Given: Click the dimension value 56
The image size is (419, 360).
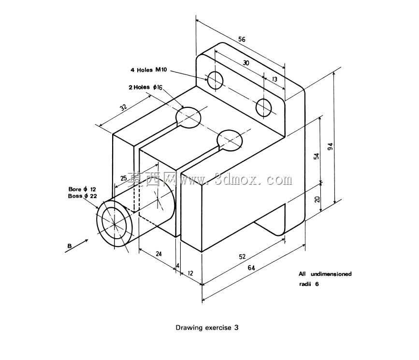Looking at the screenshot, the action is (242, 39).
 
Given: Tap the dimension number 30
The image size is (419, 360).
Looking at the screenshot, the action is (246, 62).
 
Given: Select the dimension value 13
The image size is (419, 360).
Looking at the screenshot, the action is (275, 79).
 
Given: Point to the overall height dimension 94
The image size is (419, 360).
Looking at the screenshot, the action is (331, 146).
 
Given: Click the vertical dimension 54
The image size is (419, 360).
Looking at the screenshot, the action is (317, 156).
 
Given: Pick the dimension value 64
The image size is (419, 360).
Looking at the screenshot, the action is (251, 268).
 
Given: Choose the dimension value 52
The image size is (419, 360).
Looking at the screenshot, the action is (242, 257).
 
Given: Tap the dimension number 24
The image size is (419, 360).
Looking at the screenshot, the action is (159, 253).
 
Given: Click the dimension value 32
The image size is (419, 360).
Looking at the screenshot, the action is (123, 107).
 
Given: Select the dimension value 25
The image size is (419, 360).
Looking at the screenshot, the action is (123, 178).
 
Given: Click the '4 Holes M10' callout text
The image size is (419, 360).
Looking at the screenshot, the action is (148, 70).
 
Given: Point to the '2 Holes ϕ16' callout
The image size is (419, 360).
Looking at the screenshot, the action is (145, 87).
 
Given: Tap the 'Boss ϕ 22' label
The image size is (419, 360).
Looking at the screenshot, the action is (82, 196).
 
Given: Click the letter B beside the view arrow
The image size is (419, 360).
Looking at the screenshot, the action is (70, 246).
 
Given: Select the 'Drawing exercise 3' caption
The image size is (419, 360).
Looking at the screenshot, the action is (207, 328).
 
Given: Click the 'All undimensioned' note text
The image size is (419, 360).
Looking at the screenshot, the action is (325, 274).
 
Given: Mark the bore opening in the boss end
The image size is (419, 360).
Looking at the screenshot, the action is (115, 223).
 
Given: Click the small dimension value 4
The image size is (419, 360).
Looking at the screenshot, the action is (178, 265).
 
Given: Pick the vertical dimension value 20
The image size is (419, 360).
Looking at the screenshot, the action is (317, 199).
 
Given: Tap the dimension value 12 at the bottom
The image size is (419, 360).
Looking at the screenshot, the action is (190, 273).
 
